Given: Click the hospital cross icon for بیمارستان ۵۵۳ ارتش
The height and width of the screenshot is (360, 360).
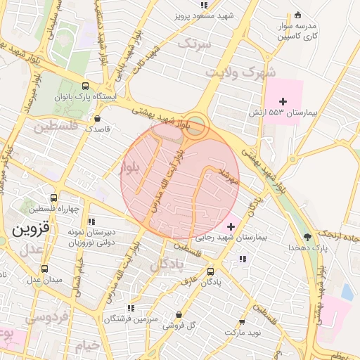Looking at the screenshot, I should (283, 102).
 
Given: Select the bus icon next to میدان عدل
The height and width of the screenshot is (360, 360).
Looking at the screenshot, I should (45, 269).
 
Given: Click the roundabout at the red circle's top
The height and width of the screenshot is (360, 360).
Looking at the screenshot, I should (198, 124).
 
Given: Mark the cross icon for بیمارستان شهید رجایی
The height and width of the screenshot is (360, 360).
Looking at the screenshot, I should (231, 226).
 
